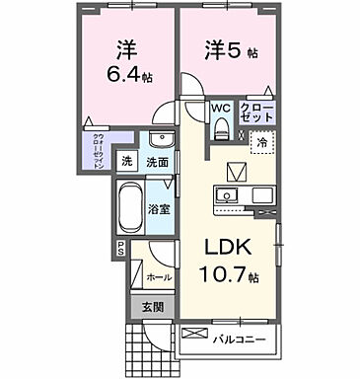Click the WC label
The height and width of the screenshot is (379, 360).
[220, 110]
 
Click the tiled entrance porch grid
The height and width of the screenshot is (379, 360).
[147, 346]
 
